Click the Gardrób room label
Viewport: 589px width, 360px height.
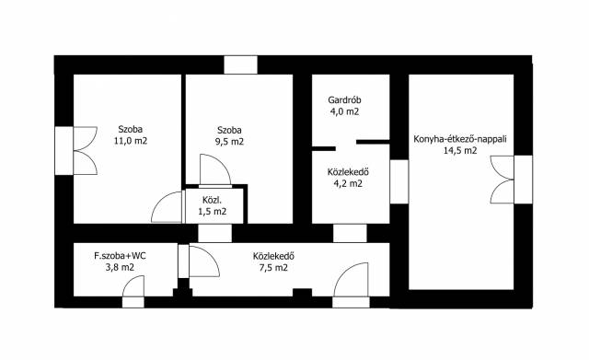pos(344,100)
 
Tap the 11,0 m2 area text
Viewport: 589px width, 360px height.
pos(131,141)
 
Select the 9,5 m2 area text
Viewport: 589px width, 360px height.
pos(229,142)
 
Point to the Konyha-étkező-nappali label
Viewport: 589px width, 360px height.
pos(460,139)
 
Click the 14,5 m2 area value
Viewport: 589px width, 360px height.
pos(460,151)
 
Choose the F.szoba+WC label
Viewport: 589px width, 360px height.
pos(120,256)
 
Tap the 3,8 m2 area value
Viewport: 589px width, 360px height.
pos(120,268)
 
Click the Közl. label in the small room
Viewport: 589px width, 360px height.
pos(213,200)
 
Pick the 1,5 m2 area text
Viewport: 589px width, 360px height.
pos(213,211)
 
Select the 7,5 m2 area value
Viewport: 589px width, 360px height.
pos(273,268)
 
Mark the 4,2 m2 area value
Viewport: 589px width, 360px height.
pos(348,184)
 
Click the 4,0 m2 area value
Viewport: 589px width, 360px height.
pos(344,111)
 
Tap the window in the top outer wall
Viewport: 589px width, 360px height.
pos(241,64)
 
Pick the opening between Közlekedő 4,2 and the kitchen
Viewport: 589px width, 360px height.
pos(398,181)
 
